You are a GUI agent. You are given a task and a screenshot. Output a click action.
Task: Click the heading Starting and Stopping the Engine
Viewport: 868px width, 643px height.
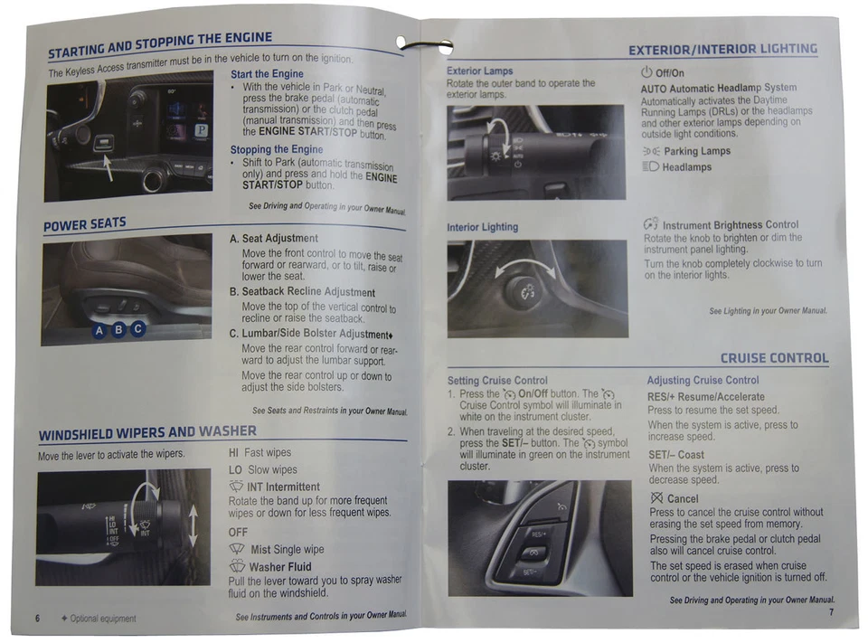(160, 44)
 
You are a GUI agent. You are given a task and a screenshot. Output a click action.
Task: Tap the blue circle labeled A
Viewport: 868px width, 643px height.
(99, 331)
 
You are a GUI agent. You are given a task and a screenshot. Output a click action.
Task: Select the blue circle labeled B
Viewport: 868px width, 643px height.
(118, 329)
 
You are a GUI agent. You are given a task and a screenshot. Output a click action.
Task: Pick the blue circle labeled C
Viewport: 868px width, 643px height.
(137, 328)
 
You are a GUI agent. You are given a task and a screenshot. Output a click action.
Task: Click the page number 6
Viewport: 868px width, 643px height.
(38, 618)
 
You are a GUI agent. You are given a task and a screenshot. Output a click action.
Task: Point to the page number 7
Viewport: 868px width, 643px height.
(831, 612)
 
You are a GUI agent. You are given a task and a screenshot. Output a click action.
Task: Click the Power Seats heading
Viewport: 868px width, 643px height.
(85, 224)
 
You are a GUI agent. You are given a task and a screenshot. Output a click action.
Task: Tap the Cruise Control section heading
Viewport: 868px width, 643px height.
(775, 358)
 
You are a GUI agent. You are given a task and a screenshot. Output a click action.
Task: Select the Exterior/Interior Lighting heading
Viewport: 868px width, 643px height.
(723, 50)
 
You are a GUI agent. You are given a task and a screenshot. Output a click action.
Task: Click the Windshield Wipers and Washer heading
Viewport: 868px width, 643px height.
(147, 432)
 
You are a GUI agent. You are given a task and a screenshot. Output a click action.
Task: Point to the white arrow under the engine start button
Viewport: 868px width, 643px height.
(108, 168)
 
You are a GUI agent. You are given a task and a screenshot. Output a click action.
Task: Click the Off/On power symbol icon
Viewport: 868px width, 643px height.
(646, 72)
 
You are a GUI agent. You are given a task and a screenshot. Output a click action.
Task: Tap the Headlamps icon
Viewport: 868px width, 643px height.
(650, 166)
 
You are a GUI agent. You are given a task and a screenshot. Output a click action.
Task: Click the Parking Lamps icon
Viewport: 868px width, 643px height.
(651, 151)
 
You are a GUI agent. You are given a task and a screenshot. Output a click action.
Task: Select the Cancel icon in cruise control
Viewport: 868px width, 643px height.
(657, 497)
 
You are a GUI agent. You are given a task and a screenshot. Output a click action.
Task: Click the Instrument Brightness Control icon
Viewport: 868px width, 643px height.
(651, 223)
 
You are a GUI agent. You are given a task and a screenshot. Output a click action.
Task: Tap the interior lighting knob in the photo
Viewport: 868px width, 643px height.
(523, 289)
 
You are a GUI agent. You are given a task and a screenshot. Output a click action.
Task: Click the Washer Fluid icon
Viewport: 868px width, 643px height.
(237, 565)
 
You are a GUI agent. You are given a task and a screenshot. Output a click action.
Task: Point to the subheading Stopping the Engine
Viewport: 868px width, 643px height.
(277, 149)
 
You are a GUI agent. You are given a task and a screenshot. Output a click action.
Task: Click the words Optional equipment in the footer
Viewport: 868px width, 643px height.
(103, 619)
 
